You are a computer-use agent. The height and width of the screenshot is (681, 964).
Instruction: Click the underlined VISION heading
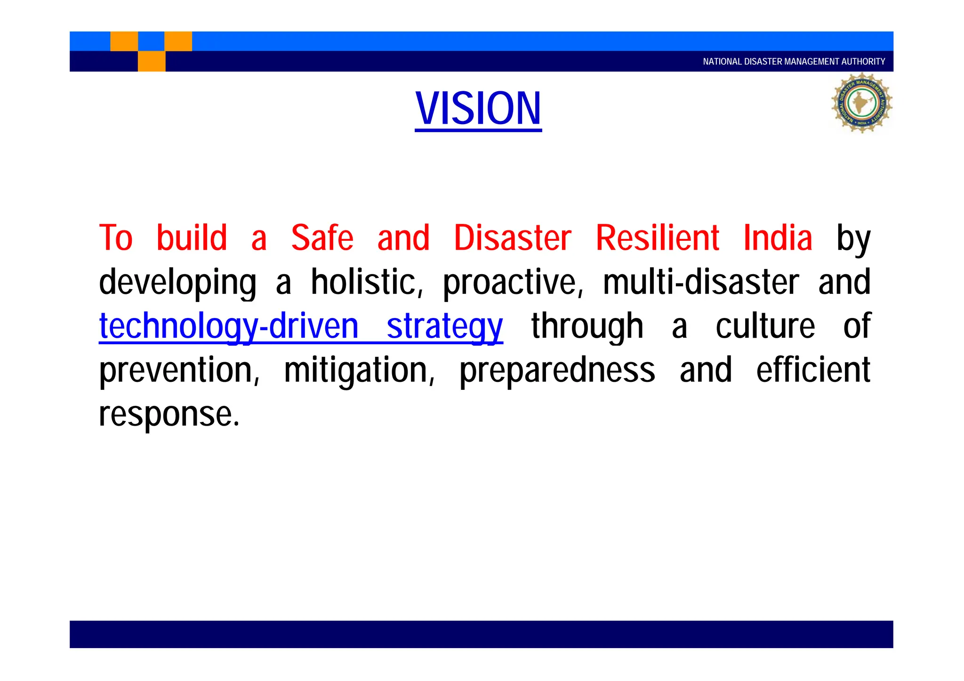[x=478, y=109]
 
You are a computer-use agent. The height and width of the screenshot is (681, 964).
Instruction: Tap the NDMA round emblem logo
[x=861, y=103]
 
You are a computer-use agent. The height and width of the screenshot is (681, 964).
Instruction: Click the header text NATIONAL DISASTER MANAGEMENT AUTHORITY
[x=794, y=62]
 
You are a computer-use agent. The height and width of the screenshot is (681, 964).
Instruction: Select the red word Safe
[x=322, y=238]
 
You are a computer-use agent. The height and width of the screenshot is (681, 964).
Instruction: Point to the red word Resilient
[x=657, y=238]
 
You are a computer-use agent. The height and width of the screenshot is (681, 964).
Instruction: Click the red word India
[x=778, y=238]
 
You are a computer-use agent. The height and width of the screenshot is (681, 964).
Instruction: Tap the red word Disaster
[x=512, y=238]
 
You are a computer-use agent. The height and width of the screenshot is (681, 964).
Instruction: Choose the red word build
[x=192, y=238]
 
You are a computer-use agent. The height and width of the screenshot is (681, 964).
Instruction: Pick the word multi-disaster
[x=700, y=282]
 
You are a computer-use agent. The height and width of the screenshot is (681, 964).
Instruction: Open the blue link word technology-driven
[x=229, y=327]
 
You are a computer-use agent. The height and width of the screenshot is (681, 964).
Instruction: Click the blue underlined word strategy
[x=444, y=327]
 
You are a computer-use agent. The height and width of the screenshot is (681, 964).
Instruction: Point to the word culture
[x=765, y=326]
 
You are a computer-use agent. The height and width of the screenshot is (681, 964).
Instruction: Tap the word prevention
[x=179, y=371]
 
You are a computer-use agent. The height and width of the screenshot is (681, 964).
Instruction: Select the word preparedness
[x=557, y=371]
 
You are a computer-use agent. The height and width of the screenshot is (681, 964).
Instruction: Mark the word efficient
[x=813, y=370]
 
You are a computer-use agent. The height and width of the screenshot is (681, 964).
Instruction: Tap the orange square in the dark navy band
[x=152, y=61]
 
